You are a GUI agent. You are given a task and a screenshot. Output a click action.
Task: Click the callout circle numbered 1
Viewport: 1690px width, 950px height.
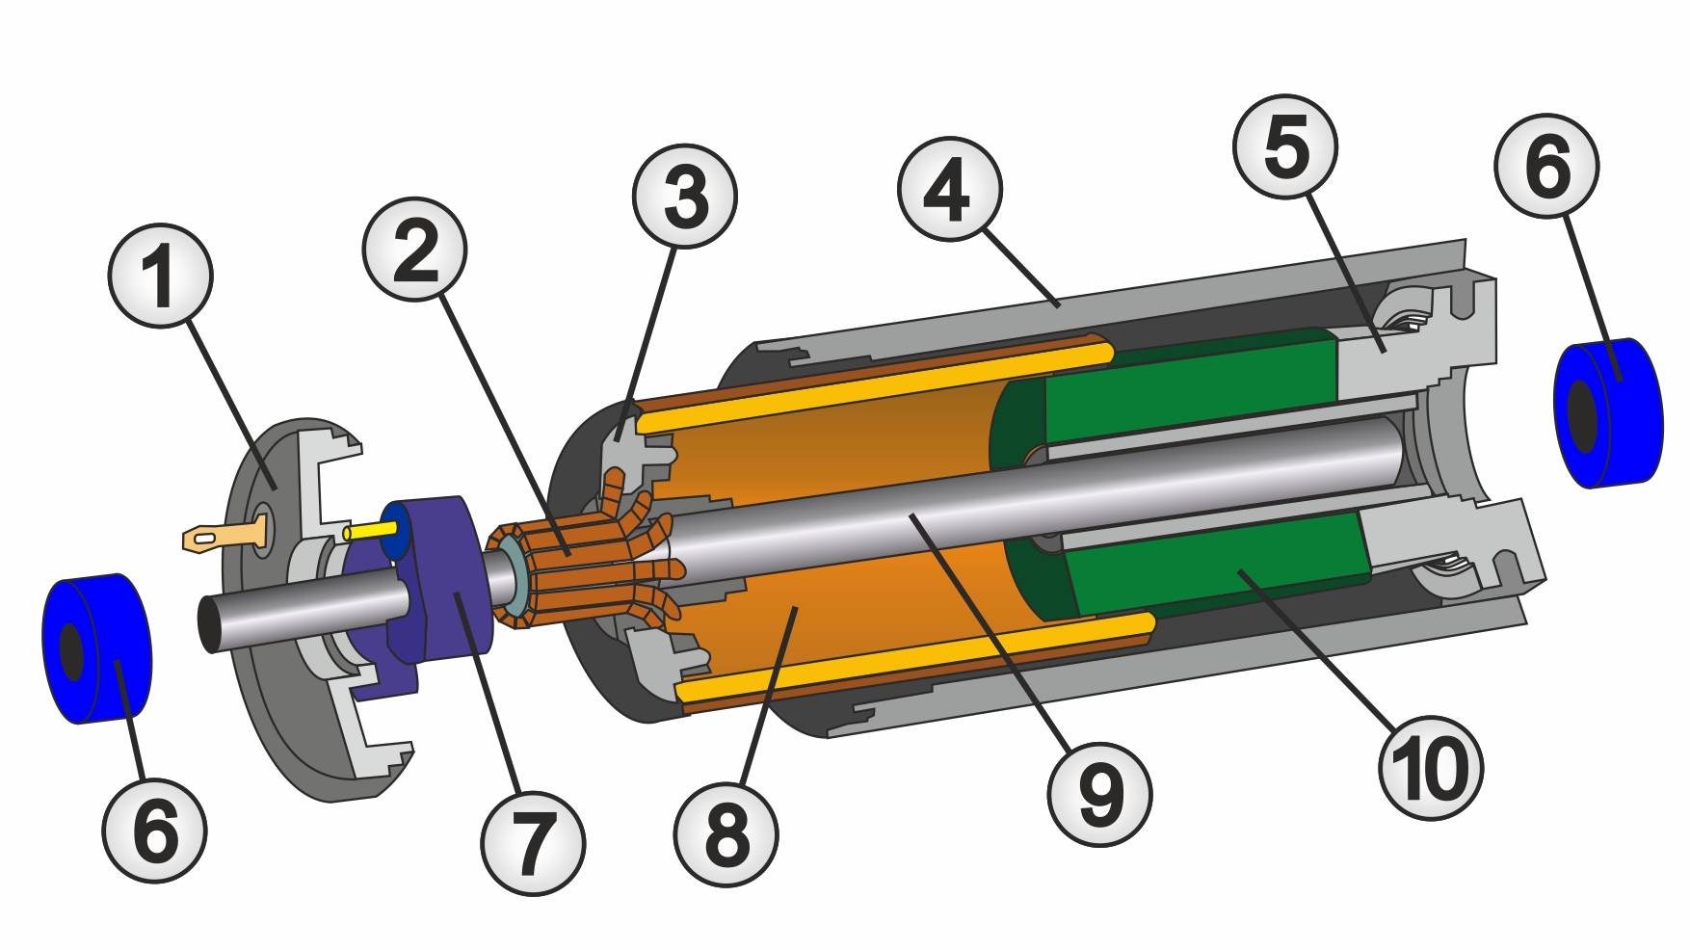point(160,277)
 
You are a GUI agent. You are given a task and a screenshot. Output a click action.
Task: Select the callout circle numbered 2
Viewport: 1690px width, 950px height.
point(415,250)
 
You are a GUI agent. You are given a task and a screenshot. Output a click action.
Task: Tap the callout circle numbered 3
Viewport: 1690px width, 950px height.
point(685,197)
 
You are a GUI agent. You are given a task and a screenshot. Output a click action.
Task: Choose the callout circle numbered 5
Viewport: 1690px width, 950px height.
point(1285,146)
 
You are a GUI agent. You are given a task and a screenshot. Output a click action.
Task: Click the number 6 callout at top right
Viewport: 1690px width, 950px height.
point(1547,166)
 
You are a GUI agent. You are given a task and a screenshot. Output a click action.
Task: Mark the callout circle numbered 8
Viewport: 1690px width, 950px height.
point(726,834)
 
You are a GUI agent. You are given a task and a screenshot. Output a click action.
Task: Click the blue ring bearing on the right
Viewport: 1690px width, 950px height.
point(1608,411)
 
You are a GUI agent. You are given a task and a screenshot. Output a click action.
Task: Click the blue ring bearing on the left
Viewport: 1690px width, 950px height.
point(97,647)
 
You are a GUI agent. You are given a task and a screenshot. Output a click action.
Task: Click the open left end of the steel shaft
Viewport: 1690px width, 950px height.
point(212,624)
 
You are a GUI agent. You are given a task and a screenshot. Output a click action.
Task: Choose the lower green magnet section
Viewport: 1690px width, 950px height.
point(1204,564)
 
